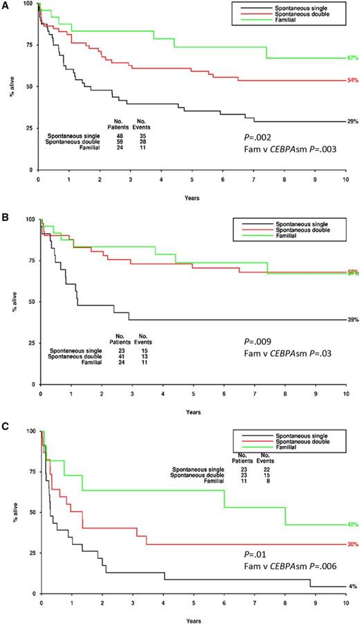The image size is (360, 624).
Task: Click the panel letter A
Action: [x=5, y=5]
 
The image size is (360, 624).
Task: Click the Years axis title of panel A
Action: [x=193, y=197]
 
